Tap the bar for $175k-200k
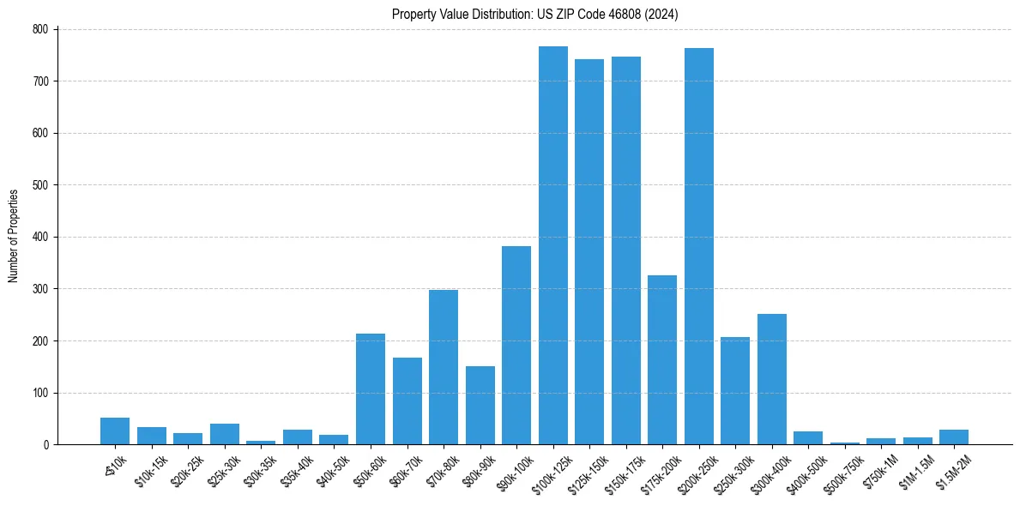662,360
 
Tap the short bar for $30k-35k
261,442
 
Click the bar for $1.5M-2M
954,437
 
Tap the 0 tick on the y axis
47,445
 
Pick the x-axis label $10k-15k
150,469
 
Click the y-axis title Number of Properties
14,236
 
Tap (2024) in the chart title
663,15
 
